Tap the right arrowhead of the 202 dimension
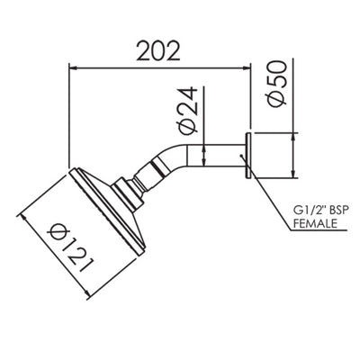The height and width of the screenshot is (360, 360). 248,66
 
